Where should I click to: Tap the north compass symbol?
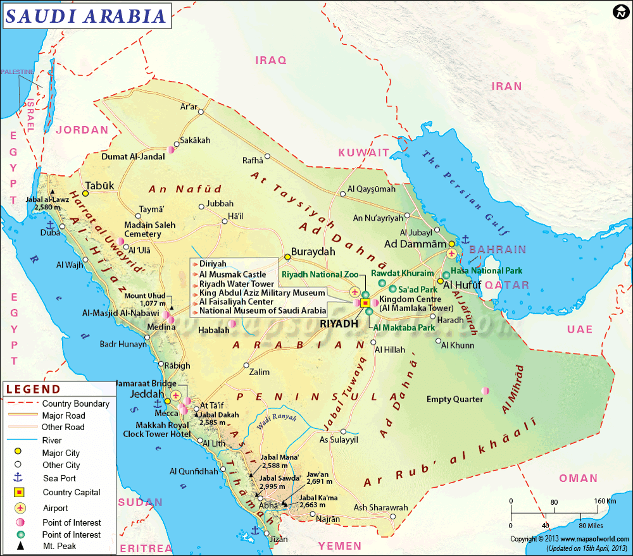click(x=620, y=12)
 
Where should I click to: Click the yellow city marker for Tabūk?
click(x=85, y=193)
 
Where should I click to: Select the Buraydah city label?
click(x=313, y=251)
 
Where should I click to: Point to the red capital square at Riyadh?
click(x=365, y=304)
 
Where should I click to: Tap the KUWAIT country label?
click(x=363, y=152)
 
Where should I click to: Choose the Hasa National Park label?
click(x=486, y=271)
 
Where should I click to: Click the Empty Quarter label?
click(x=454, y=399)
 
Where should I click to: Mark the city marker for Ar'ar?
click(x=201, y=112)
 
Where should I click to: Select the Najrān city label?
click(x=327, y=519)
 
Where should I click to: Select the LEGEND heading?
click(x=34, y=389)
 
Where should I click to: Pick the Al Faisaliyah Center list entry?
click(x=236, y=302)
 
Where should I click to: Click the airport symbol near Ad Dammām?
click(x=451, y=253)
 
